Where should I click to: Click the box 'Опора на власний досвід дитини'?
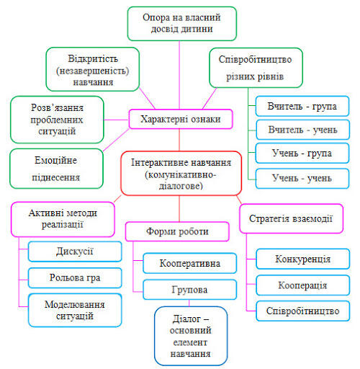(182, 24)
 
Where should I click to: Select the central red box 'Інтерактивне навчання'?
(181, 173)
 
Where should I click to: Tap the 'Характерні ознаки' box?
(181, 119)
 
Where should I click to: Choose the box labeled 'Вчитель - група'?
(302, 106)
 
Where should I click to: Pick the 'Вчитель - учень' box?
(302, 130)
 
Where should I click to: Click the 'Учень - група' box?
(302, 154)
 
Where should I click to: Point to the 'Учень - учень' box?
(302, 179)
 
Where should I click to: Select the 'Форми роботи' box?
(177, 231)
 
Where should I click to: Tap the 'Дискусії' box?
(75, 252)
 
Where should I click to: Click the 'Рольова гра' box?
(75, 277)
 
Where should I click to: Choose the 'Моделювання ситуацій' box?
(75, 310)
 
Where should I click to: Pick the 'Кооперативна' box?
(189, 263)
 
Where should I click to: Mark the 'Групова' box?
(189, 290)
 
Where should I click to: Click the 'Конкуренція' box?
(302, 259)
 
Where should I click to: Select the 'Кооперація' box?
(302, 285)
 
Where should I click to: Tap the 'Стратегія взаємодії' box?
(291, 218)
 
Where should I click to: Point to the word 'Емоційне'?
(55, 160)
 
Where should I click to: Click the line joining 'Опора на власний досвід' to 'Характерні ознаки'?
(179, 75)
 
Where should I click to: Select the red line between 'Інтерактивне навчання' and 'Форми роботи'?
(179, 208)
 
